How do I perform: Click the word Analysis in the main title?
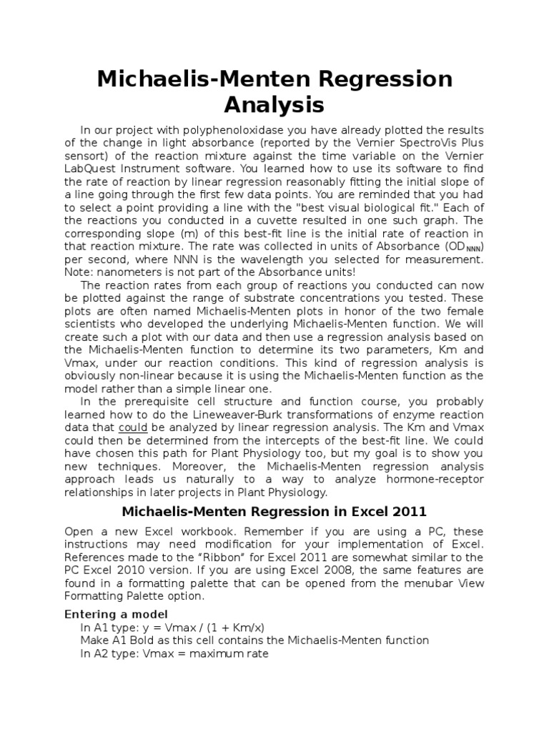pos(274,104)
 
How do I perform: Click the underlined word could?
pos(132,427)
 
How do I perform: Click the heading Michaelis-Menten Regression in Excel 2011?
pos(274,511)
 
